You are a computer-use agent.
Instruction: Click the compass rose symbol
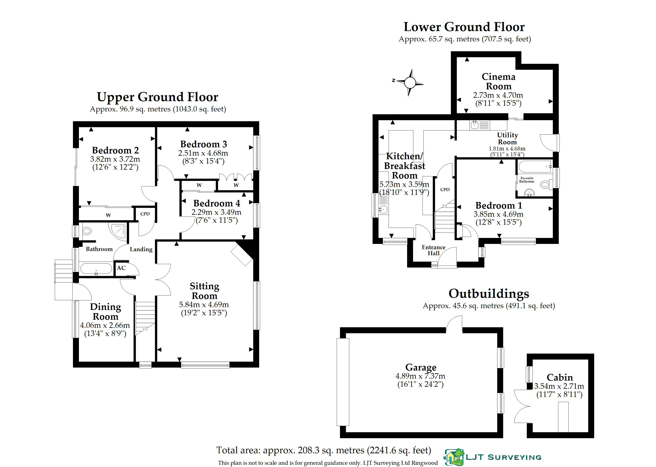coord(410,83)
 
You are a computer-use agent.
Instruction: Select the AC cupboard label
coord(121,268)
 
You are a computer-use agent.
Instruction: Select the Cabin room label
coord(560,377)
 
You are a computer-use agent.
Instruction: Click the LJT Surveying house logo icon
coord(454,457)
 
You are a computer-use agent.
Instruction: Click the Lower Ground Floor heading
coord(464,27)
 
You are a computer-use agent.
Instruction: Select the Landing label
coord(141,249)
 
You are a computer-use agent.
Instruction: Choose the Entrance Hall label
coord(434,250)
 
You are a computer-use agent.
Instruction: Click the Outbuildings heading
coord(489,294)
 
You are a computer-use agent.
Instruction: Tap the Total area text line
coord(324,450)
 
